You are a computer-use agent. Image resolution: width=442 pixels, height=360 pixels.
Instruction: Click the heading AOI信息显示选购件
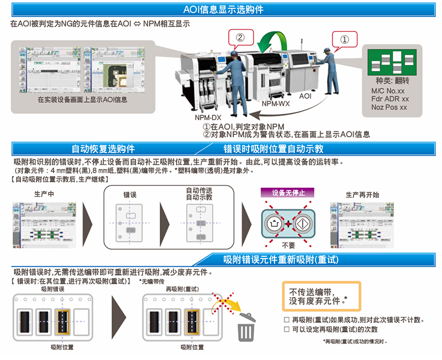[x=223, y=10]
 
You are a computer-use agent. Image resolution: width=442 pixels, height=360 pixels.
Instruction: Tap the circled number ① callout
[x=344, y=40]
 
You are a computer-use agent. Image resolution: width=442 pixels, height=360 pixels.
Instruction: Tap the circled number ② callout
[x=240, y=38]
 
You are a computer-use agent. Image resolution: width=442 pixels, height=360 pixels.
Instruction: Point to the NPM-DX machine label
[x=208, y=118]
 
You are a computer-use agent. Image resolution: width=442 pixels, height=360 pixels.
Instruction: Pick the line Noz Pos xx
[x=389, y=107]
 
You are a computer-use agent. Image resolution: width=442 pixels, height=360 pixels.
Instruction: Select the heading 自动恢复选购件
[x=103, y=149]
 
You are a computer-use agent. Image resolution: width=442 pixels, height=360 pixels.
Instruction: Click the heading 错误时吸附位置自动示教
[x=273, y=149]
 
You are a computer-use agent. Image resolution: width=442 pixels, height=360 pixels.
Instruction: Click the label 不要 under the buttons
[x=288, y=245]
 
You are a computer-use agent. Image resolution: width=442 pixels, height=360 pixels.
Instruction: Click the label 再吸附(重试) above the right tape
[x=182, y=289]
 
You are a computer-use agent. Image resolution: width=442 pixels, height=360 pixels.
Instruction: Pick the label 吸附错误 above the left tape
[x=53, y=289]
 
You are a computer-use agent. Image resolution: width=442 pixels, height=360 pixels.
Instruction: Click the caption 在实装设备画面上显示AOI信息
[x=83, y=100]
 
